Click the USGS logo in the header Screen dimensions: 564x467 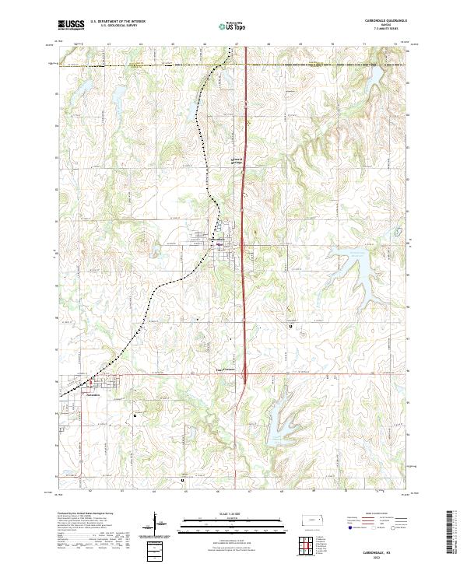click(x=72, y=26)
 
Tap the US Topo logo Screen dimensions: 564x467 click(x=233, y=26)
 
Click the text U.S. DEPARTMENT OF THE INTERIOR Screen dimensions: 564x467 click(x=118, y=21)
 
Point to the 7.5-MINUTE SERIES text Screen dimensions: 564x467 click(x=386, y=30)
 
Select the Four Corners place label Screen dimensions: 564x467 click(x=224, y=370)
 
